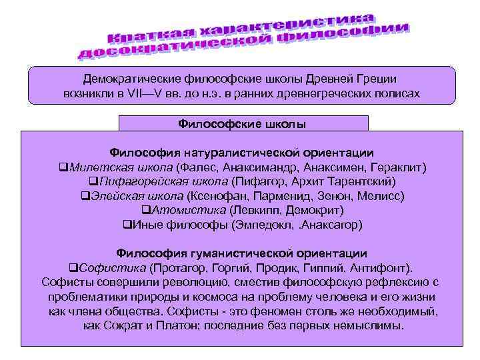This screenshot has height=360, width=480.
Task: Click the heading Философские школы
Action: tap(243, 123)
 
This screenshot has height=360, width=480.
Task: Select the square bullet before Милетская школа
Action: tap(63, 167)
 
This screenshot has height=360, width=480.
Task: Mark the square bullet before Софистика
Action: tap(74, 268)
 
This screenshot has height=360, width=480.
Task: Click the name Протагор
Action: tap(177, 268)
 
